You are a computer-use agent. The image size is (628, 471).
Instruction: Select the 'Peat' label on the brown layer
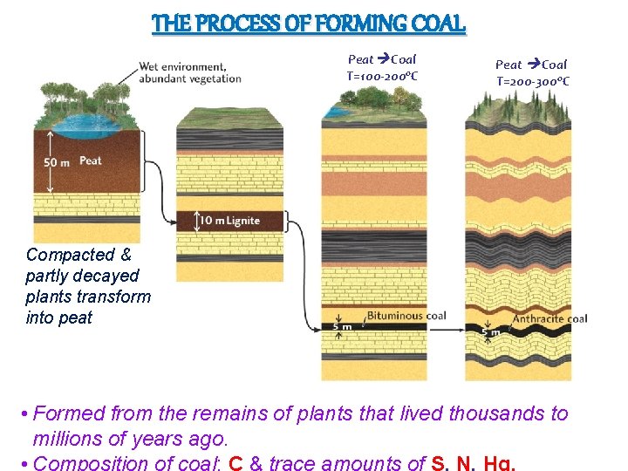(91, 161)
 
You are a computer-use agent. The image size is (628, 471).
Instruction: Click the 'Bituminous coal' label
(406, 316)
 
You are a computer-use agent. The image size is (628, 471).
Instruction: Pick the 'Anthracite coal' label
(549, 318)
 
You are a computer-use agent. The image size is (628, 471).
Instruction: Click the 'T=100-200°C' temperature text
(382, 76)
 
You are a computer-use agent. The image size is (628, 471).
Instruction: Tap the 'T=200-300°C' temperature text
(533, 81)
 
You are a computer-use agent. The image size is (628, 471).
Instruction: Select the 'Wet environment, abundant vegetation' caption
(190, 72)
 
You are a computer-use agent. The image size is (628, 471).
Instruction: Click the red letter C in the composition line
(235, 462)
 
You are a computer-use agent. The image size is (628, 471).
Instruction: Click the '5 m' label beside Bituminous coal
(343, 327)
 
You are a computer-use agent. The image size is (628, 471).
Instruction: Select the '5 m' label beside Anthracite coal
(492, 331)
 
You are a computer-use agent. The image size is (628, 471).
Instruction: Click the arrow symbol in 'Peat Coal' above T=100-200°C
(383, 60)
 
